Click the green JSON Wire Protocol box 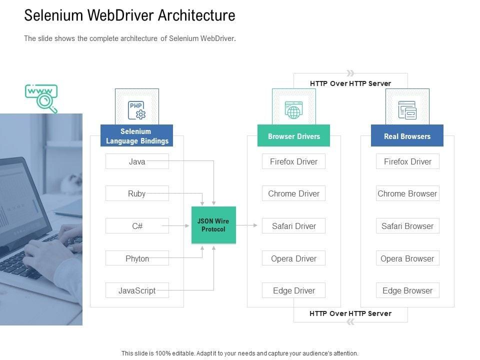[213, 225]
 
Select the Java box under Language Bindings [137, 161]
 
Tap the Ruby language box [137, 193]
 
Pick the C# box [137, 226]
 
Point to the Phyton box [137, 258]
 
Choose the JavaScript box [137, 290]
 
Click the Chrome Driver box [293, 193]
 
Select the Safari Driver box [293, 226]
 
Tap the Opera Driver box [293, 258]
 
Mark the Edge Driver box [293, 290]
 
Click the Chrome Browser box [407, 193]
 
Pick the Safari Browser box [407, 226]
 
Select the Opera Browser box [407, 258]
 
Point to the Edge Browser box [407, 290]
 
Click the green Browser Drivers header [293, 136]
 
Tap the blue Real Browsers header [407, 136]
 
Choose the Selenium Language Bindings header [137, 136]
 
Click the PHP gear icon [137, 110]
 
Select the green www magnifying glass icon [42, 98]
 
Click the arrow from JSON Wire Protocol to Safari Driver [246, 225]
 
